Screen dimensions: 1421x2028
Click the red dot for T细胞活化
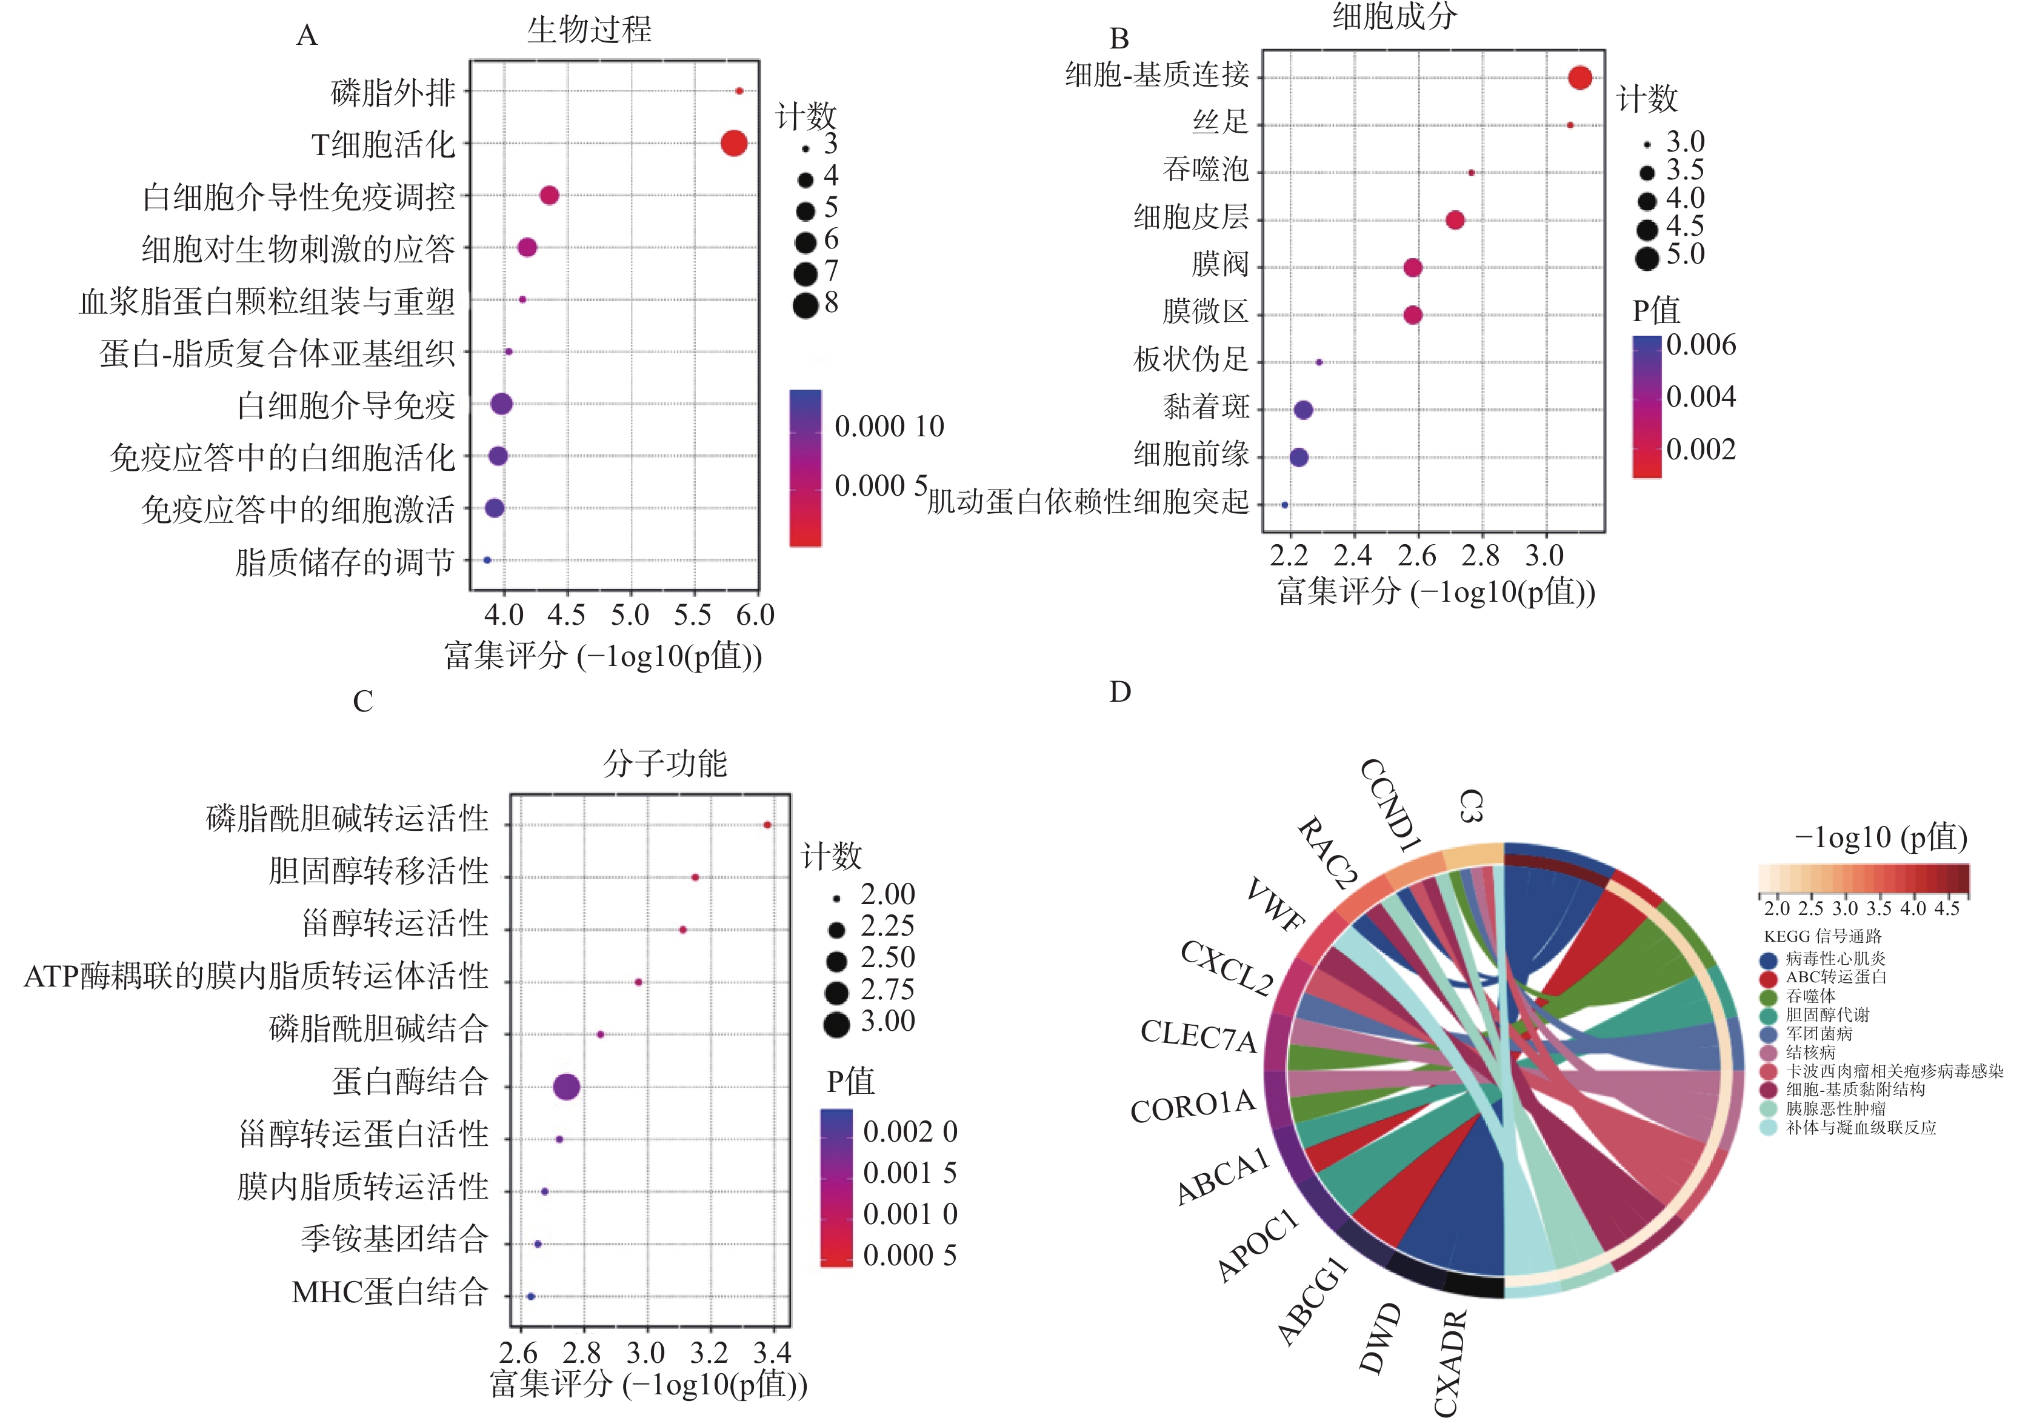pos(733,143)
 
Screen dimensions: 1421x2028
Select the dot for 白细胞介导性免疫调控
pos(549,195)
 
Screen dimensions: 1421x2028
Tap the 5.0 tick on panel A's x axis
pos(630,616)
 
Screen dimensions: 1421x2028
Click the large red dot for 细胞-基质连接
pos(1579,78)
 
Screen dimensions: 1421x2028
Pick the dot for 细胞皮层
pos(1455,220)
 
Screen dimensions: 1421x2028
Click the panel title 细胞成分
pos(1394,16)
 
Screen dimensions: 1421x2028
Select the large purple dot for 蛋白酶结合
pos(566,1087)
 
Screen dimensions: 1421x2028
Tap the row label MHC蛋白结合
pos(390,1292)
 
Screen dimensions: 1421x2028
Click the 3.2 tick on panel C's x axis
pos(709,1353)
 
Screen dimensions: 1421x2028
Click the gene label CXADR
pos(1449,1365)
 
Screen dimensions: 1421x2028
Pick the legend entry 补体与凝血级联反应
pos(1860,1128)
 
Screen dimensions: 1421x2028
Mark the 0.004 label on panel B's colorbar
pos(1700,396)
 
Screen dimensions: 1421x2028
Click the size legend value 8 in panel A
pos(830,303)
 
